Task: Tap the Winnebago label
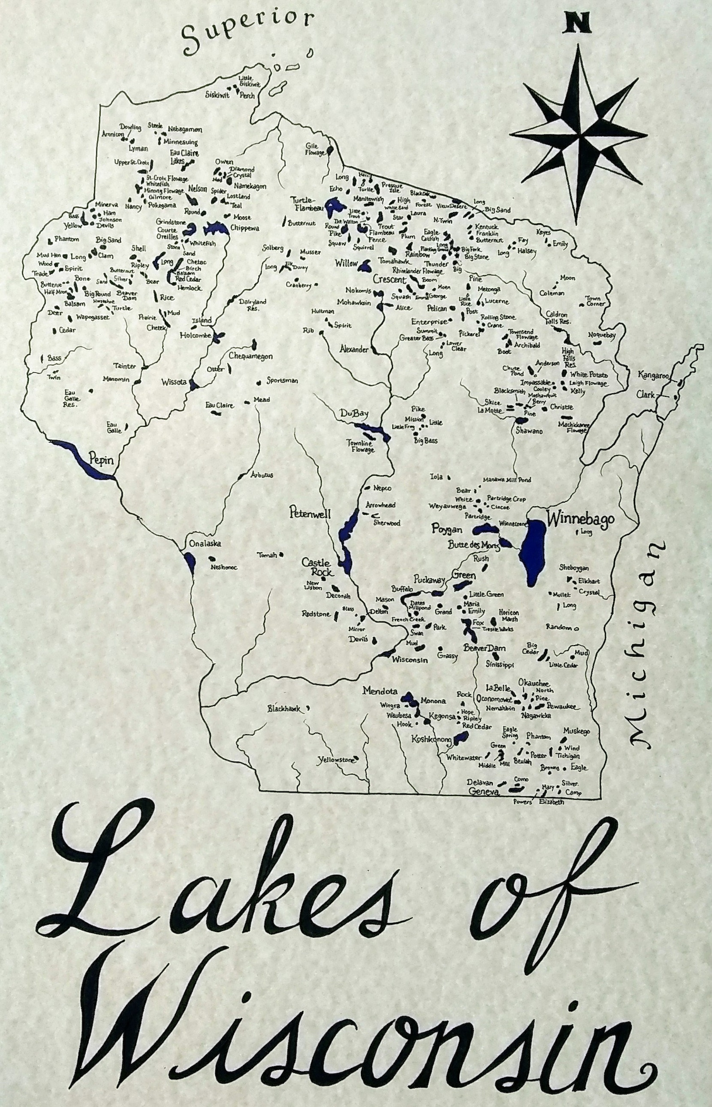click(x=581, y=519)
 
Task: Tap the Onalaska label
click(x=203, y=543)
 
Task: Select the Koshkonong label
click(x=431, y=739)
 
